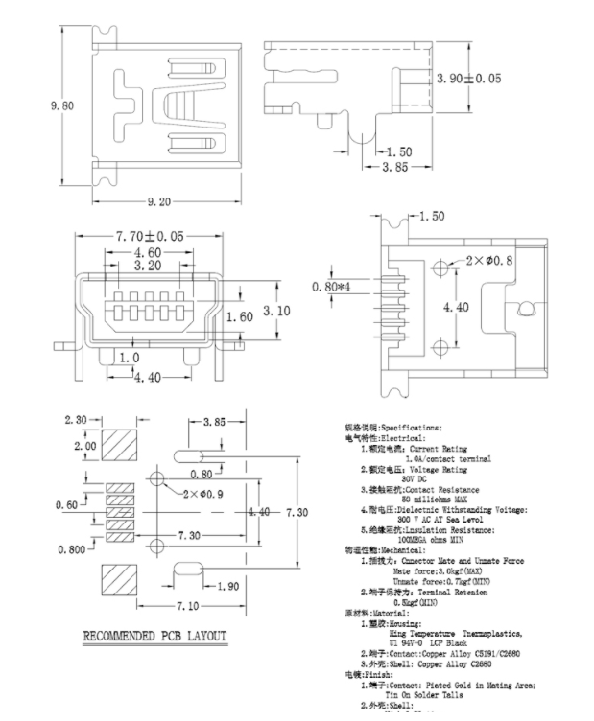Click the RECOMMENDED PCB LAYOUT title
click(x=154, y=636)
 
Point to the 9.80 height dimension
click(x=61, y=106)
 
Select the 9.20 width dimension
click(x=159, y=201)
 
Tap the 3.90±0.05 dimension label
click(x=468, y=79)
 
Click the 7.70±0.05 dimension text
click(x=150, y=236)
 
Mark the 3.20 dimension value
click(x=147, y=266)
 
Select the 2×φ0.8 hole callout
click(x=489, y=260)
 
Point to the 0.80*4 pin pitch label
click(x=332, y=286)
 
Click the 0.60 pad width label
click(x=67, y=505)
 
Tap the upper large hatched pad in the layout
click(x=119, y=447)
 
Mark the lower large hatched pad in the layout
click(x=119, y=578)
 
